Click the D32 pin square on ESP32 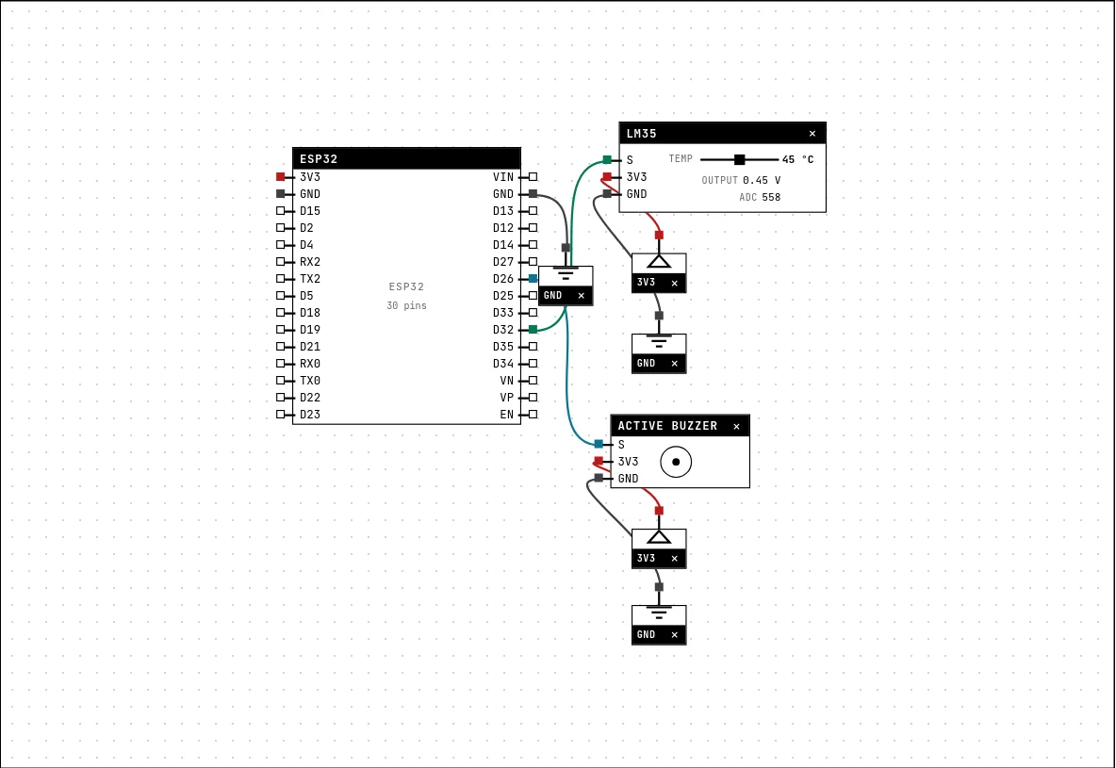pos(533,330)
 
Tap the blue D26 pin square pos(533,278)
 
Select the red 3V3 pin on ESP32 pos(281,176)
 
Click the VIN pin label pos(503,176)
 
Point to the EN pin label pos(507,415)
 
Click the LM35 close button pos(812,133)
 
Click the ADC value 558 pos(771,197)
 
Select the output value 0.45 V pos(762,180)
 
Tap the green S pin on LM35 pos(607,159)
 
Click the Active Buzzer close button pos(737,426)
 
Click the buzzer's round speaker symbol pos(676,462)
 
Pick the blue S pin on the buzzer pos(599,444)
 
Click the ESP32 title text pos(319,158)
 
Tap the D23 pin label pos(309,415)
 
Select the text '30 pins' pos(406,305)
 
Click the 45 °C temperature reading pos(797,159)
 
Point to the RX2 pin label pos(309,262)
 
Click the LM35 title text pos(641,133)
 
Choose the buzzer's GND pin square pos(599,479)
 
